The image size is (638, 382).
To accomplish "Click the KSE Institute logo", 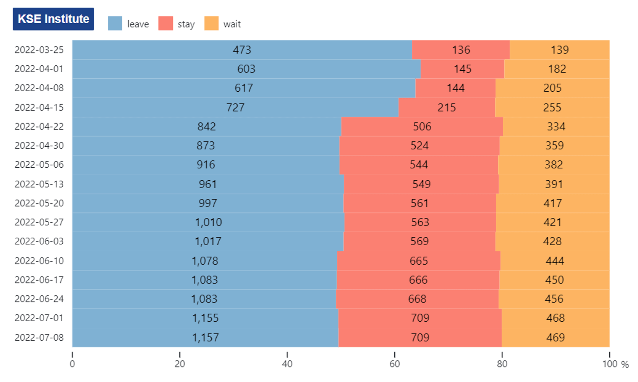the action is [x=53, y=19].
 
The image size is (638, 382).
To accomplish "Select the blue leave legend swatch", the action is [x=115, y=23].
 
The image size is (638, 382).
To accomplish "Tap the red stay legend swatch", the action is [x=166, y=23].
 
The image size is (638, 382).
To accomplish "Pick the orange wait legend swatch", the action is [x=212, y=23].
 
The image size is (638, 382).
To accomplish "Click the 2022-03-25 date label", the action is [x=39, y=50].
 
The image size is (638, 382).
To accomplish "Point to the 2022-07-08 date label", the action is [x=39, y=337].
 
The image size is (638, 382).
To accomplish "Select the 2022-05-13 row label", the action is [x=39, y=184].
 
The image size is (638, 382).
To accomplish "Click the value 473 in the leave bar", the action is [x=242, y=50].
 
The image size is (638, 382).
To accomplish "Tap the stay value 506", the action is [x=422, y=126].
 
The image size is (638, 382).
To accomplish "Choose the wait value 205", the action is [x=552, y=88].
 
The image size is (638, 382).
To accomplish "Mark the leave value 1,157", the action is [x=206, y=337].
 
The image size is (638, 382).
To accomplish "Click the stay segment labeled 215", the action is [x=447, y=107].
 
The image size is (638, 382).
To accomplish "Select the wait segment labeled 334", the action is [x=556, y=126].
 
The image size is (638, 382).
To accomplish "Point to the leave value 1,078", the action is [x=205, y=261].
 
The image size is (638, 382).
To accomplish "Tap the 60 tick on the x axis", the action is [x=395, y=354].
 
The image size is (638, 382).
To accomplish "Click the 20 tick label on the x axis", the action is [x=180, y=364].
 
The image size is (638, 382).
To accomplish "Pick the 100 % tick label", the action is [x=615, y=364].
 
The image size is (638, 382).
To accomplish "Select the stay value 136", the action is [x=461, y=50].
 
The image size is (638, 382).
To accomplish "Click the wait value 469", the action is [x=555, y=337].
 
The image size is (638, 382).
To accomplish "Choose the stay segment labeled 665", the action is [x=419, y=261].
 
